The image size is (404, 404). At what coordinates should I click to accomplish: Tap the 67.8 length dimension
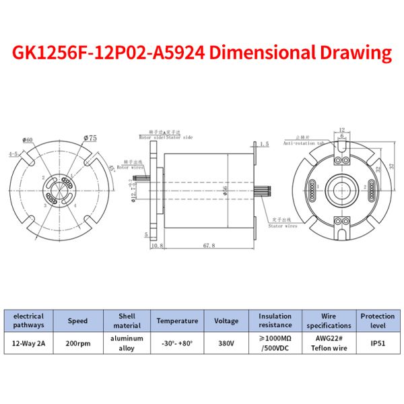[208, 246]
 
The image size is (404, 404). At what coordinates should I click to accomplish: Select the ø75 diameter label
[90, 138]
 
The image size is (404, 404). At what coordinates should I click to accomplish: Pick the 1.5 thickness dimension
[264, 144]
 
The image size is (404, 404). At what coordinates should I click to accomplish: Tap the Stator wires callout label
[283, 227]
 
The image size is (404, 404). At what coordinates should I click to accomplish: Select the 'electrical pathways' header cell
[28, 321]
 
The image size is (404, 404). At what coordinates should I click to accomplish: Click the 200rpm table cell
[77, 343]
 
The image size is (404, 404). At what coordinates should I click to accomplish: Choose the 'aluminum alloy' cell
[126, 343]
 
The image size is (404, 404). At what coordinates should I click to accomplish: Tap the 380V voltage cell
[226, 343]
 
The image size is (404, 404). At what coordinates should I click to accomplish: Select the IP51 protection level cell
[377, 343]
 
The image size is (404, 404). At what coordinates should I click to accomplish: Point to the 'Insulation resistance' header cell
[275, 321]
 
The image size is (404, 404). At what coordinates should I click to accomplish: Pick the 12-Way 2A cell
[28, 343]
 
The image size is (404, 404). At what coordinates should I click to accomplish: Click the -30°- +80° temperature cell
[177, 343]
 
